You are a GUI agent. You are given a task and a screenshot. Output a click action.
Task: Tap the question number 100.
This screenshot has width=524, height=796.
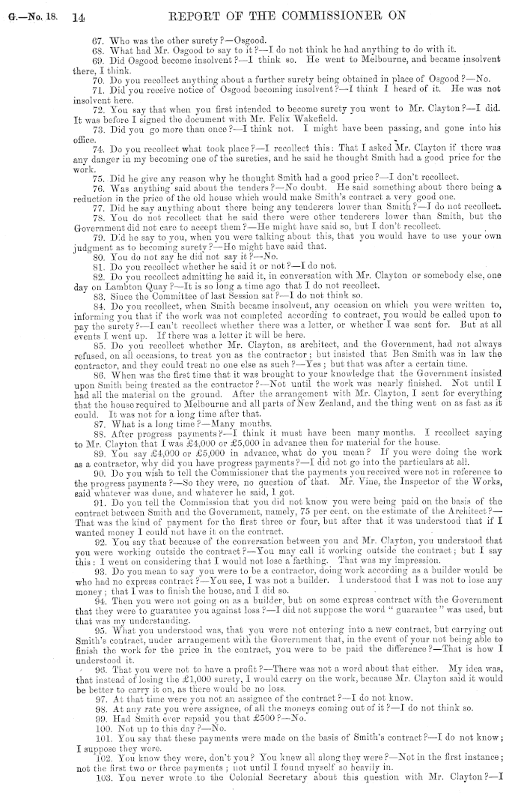pyautogui.click(x=59, y=725)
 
